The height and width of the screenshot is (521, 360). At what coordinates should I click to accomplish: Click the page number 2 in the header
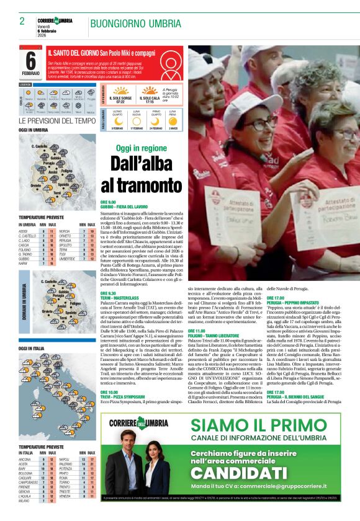click(x=22, y=21)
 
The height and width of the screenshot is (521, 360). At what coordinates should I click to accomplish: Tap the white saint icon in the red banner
click(x=40, y=53)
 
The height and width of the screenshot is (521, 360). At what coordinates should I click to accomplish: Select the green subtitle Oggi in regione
click(x=142, y=148)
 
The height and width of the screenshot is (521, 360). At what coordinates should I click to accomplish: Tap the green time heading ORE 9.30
click(x=108, y=293)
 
